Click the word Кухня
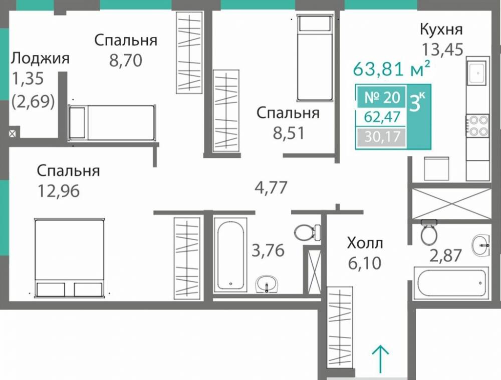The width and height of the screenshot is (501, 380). [x=441, y=29]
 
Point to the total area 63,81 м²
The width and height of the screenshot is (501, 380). [x=392, y=68]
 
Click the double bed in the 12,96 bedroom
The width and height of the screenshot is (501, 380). [x=69, y=257]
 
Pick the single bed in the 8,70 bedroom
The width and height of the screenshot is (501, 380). [x=111, y=122]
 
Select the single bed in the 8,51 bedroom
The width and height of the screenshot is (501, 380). [x=315, y=58]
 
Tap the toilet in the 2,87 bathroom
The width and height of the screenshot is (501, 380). [x=429, y=232]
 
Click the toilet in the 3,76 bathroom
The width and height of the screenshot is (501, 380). [x=306, y=232]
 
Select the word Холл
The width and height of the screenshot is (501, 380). [x=365, y=243]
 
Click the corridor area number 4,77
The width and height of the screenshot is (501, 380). [x=271, y=187]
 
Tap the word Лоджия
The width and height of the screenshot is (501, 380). [x=40, y=58]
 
